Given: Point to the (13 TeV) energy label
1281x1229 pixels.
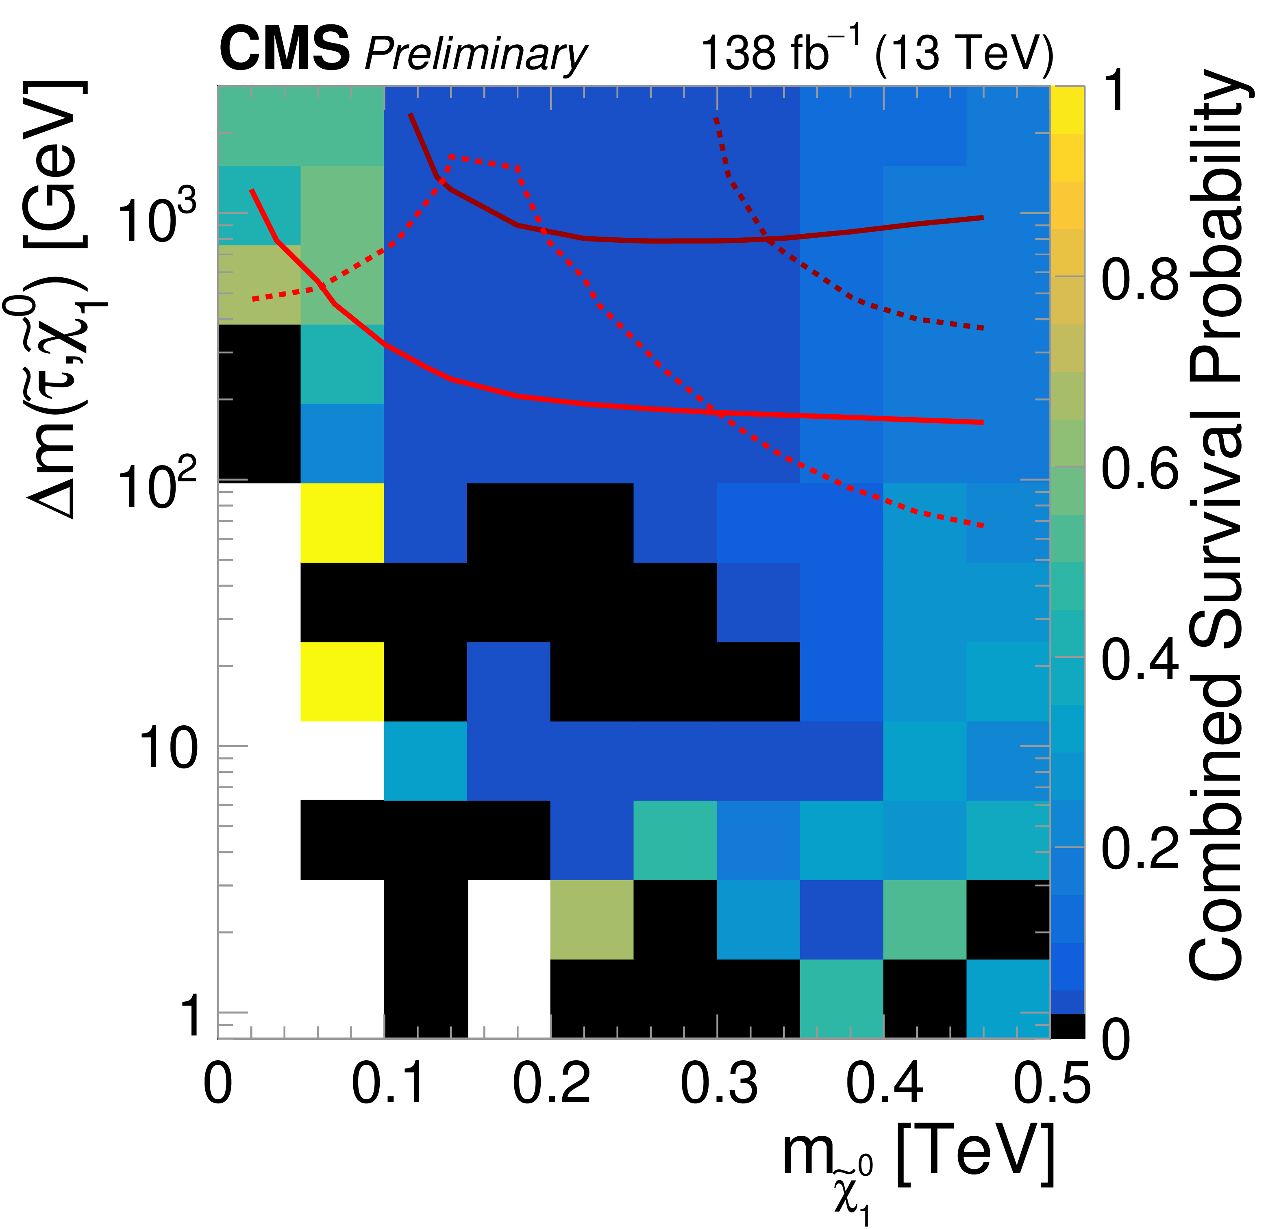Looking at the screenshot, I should point(964,52).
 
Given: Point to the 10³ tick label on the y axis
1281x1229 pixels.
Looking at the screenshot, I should point(157,219).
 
